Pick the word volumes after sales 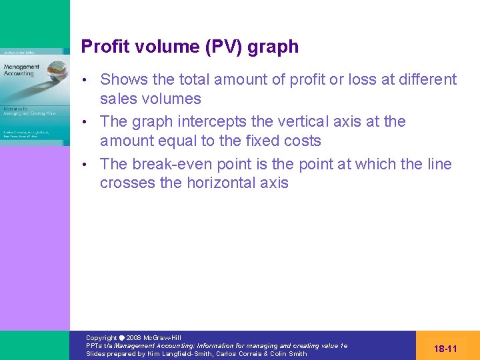tap(170, 99)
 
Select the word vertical tap(299, 121)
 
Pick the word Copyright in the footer tap(101, 338)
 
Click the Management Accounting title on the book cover tap(22, 70)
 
